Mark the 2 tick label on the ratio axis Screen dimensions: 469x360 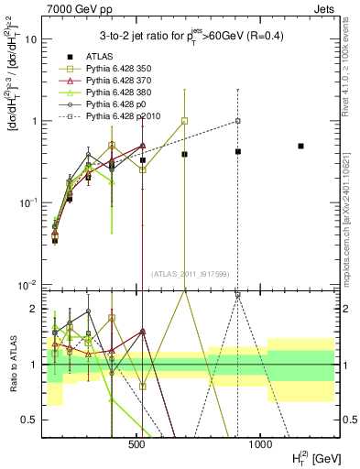pos(33,309)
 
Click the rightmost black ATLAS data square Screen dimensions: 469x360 pos(300,146)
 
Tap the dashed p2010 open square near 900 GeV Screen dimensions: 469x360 pos(237,121)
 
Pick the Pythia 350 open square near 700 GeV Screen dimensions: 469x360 pos(185,121)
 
